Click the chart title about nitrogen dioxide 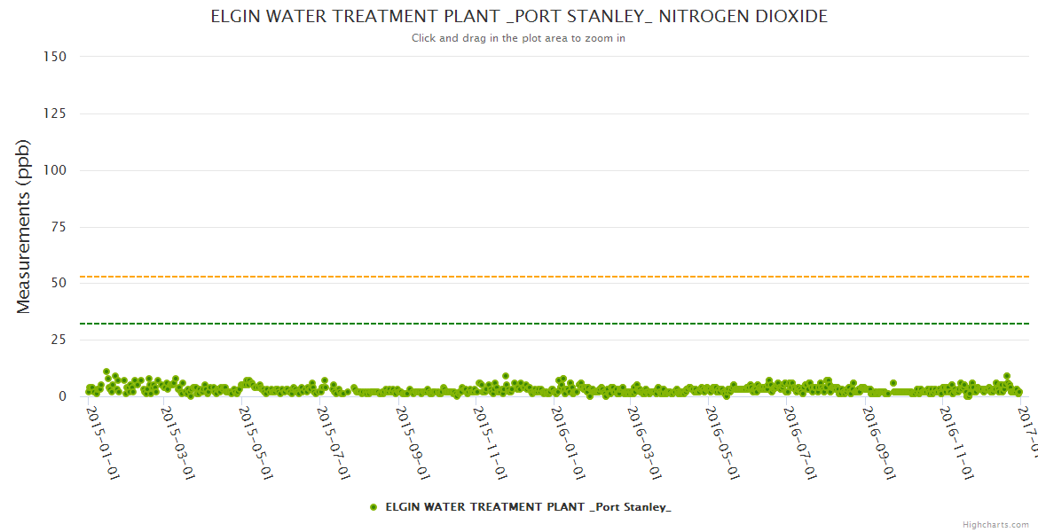(519, 17)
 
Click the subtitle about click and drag (519, 38)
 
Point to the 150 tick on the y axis (54, 57)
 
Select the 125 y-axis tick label (54, 113)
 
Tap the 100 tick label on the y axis (54, 170)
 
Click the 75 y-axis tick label (58, 227)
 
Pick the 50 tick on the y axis (58, 284)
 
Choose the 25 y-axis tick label (58, 340)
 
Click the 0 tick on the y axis (62, 396)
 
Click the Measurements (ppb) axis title (24, 226)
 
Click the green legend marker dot (374, 507)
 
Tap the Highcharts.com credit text (996, 524)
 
